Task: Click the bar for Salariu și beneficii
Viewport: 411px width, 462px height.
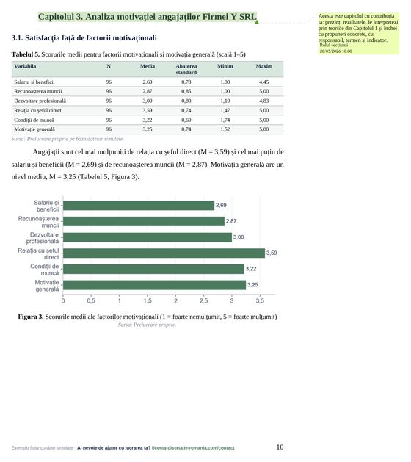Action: pyautogui.click(x=139, y=206)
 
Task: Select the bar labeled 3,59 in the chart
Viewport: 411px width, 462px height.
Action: pyautogui.click(x=164, y=253)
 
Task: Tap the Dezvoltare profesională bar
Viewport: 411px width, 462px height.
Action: pyautogui.click(x=148, y=237)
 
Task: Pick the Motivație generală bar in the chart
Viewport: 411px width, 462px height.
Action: pyautogui.click(x=155, y=285)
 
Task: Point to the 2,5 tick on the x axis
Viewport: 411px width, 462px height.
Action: pyautogui.click(x=204, y=301)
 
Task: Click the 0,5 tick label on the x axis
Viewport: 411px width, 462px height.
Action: pyautogui.click(x=91, y=301)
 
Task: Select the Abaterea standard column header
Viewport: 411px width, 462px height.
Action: pyautogui.click(x=186, y=69)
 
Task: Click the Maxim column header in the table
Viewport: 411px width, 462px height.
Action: pyautogui.click(x=263, y=66)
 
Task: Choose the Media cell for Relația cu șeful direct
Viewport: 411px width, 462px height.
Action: pyautogui.click(x=148, y=110)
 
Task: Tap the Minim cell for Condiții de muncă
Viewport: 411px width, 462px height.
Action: pyautogui.click(x=225, y=120)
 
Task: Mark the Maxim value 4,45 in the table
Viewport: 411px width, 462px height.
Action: pyautogui.click(x=263, y=82)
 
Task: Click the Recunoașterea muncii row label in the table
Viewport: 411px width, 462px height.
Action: pyautogui.click(x=38, y=91)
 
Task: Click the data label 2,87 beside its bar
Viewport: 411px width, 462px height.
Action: pyautogui.click(x=231, y=221)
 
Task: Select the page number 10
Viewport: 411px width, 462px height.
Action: pyautogui.click(x=280, y=447)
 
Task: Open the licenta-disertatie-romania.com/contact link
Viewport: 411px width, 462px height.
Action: pyautogui.click(x=193, y=448)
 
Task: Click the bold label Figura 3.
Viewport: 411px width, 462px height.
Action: pyautogui.click(x=31, y=317)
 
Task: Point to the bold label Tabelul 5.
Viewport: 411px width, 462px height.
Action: pyautogui.click(x=26, y=54)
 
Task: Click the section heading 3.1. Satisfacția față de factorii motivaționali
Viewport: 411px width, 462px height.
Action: pyautogui.click(x=84, y=38)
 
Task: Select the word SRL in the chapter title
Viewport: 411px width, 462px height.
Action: pyautogui.click(x=247, y=17)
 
